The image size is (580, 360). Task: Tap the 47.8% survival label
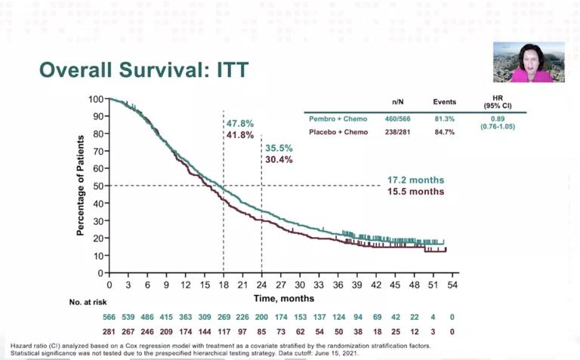(240, 123)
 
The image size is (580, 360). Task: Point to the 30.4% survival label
(279, 159)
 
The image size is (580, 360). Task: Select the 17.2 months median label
(415, 180)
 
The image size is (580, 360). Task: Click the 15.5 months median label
(415, 192)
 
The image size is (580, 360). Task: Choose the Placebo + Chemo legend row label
(339, 132)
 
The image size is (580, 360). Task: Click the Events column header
(445, 101)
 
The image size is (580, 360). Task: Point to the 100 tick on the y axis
(95, 99)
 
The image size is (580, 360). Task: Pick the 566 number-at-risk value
(109, 317)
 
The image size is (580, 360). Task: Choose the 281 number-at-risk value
(109, 331)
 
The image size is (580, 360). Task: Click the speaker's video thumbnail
(529, 62)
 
